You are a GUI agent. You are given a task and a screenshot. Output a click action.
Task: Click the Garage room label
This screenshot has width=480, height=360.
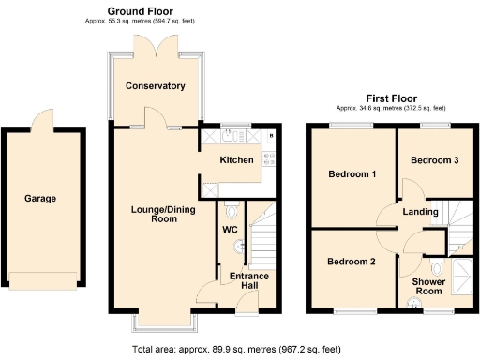pos(40,199)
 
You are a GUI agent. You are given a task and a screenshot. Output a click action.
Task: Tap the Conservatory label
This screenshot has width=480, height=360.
pos(156,86)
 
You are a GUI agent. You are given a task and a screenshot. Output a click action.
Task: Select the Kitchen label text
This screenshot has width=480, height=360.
pos(236,160)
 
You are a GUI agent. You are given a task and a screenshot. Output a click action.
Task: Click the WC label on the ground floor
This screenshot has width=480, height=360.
pos(231,230)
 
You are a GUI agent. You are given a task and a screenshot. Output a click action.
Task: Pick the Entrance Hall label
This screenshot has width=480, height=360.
pos(250,281)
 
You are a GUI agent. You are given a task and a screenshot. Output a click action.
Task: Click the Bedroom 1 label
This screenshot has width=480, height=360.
pos(352,174)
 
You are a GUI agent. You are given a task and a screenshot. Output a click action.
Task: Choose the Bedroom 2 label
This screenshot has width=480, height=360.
pos(352,262)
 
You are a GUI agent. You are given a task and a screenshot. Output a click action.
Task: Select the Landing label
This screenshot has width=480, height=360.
pos(420,212)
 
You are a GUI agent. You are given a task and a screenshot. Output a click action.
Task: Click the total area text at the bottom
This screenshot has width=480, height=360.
pos(239,348)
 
